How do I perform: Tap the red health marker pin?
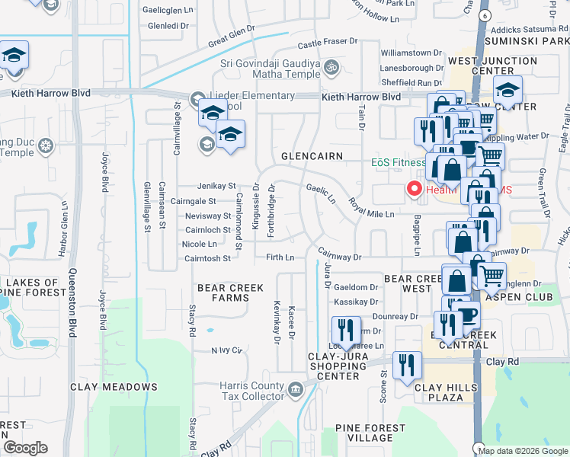click(415, 188)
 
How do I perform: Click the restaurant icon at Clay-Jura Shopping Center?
click(346, 330)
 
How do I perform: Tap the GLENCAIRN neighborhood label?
click(312, 155)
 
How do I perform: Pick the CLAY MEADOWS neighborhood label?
click(114, 387)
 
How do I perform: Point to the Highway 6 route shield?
click(483, 14)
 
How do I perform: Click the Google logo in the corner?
click(25, 447)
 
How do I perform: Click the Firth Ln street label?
click(280, 257)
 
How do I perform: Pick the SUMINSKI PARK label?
click(533, 40)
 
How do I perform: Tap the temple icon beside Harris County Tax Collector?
click(296, 390)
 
